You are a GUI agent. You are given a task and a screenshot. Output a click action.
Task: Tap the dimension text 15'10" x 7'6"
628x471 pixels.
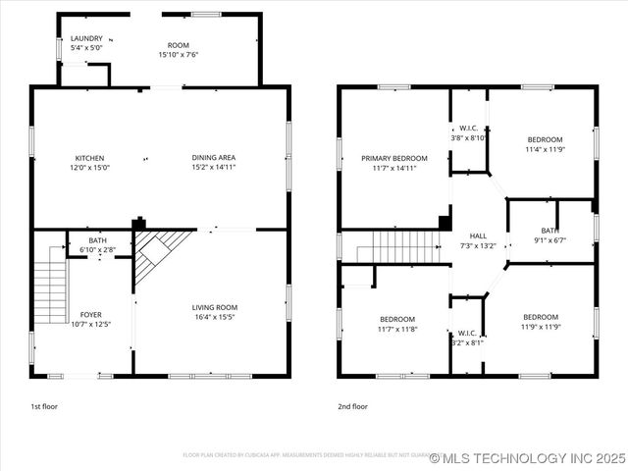179,55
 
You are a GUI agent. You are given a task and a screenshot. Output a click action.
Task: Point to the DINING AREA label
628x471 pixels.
213,158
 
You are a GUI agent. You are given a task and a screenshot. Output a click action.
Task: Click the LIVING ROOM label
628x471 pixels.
214,307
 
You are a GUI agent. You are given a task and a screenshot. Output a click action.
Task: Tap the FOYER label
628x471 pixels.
90,315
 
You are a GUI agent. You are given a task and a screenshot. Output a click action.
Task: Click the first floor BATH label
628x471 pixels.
97,240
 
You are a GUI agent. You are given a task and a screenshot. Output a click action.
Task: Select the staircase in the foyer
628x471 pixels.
50,286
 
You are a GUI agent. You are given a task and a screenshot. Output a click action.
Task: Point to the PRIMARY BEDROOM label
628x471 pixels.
393,158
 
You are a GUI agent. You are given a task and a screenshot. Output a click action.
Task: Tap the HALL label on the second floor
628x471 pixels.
478,235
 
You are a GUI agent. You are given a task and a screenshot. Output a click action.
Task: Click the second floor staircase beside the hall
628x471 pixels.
396,246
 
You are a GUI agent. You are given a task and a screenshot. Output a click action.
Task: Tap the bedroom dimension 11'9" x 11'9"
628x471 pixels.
540,327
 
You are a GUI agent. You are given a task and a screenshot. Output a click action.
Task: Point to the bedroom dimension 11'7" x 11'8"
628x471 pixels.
397,329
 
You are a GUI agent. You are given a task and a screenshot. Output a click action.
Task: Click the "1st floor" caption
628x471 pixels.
44,405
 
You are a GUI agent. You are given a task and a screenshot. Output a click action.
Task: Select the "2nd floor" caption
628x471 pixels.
353,405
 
